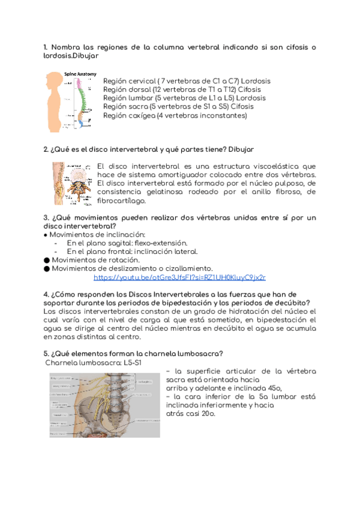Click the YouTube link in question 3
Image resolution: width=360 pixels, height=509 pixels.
(x=179, y=277)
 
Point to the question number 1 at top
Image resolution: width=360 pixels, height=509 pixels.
(x=46, y=47)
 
